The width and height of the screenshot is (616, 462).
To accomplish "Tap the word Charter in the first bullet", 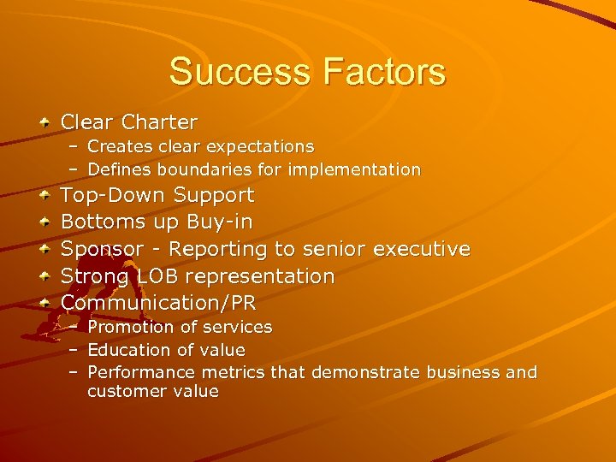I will [159, 122].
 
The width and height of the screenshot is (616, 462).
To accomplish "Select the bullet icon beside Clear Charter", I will [43, 121].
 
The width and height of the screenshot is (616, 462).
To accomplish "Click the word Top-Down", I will [113, 195].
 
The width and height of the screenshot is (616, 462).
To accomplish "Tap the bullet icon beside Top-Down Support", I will [43, 195].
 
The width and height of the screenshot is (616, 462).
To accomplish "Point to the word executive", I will [418, 249].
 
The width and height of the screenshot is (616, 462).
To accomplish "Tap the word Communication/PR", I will [158, 303].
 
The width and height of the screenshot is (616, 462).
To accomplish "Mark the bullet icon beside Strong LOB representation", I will [43, 276].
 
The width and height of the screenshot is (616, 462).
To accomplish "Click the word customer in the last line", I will [122, 392].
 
